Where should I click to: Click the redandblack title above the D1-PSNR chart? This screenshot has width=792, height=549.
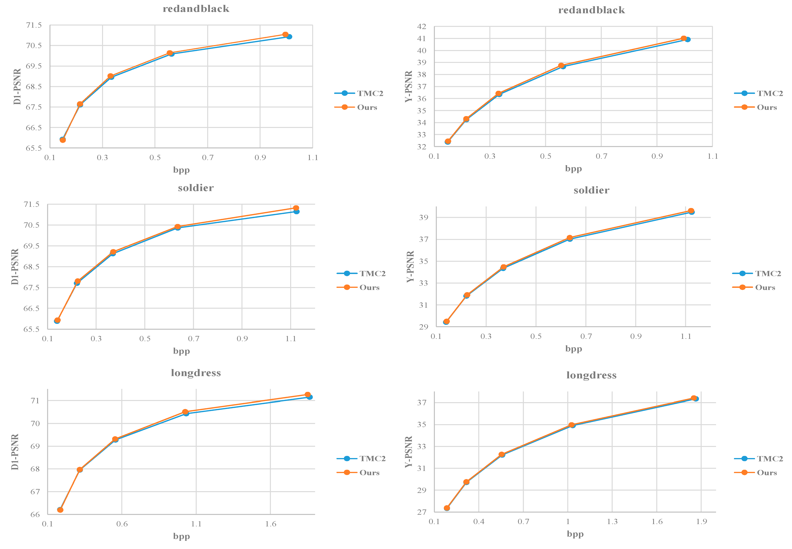(196, 9)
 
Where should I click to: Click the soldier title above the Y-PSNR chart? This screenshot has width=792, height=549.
(591, 190)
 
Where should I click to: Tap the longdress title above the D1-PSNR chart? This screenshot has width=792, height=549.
(196, 373)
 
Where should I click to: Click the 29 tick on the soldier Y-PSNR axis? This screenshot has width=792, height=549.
(423, 327)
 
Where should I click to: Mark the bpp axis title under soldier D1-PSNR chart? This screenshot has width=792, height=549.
(181, 351)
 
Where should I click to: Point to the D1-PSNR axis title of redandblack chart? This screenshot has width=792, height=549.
(17, 86)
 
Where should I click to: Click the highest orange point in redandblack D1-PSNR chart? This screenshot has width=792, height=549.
(285, 34)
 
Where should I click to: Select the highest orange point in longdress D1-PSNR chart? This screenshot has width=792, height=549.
(307, 395)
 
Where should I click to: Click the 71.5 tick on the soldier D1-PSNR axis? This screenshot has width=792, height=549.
(31, 204)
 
